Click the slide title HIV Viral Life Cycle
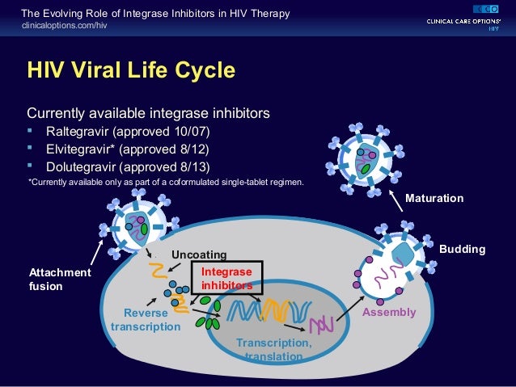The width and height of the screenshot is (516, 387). pos(132,70)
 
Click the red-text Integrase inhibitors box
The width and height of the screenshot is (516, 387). pos(226,279)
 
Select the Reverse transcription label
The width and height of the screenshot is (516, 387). pos(146,319)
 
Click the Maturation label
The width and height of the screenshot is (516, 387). pos(434,198)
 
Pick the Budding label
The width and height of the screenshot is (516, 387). pos(462,250)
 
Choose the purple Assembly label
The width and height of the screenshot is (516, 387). pos(389,312)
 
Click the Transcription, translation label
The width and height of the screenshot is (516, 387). pos(273,349)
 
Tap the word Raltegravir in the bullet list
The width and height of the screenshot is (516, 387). pos(77,131)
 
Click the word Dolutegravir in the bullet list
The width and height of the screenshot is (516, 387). pos(80,167)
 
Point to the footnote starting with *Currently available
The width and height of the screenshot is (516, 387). pos(167,182)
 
